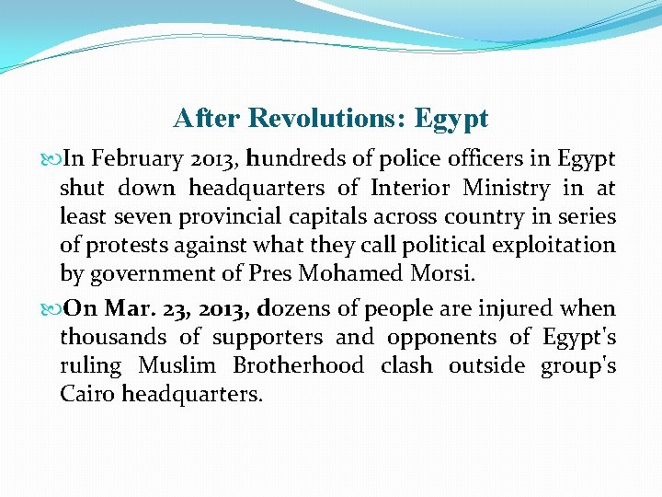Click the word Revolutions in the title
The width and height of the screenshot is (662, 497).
tap(328, 119)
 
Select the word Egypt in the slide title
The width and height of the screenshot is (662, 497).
tap(451, 120)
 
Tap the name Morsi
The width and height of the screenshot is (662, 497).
tap(446, 273)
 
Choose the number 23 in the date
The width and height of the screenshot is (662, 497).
tap(174, 308)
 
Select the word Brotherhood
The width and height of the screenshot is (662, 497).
tap(299, 365)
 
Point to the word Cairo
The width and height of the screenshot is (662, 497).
tap(87, 394)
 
